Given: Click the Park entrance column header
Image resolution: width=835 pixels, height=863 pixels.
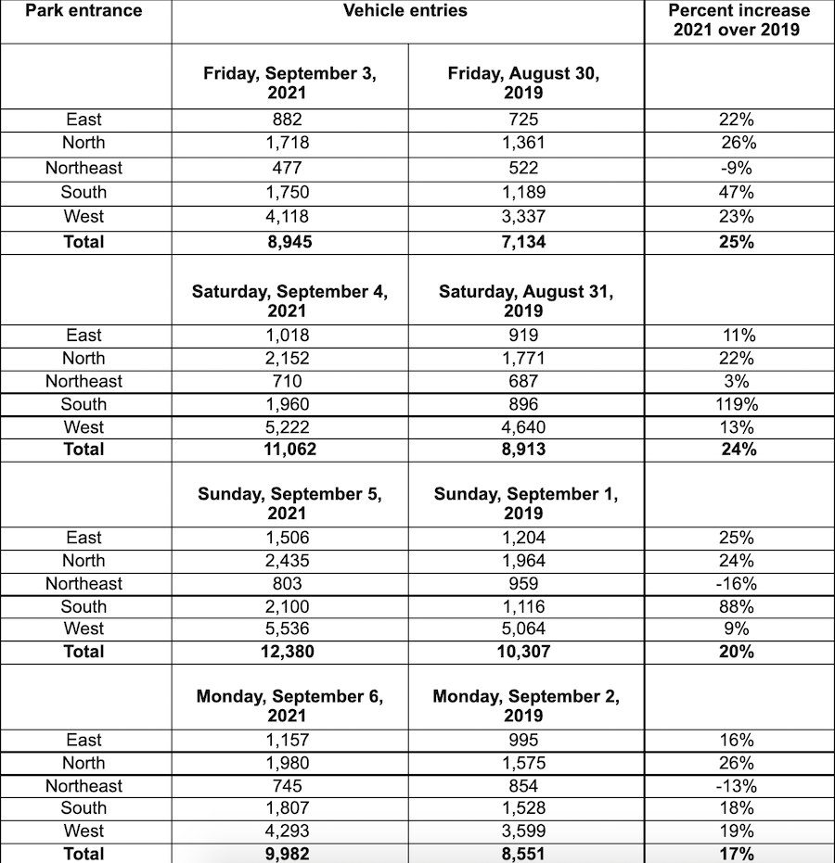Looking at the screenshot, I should pos(84,11).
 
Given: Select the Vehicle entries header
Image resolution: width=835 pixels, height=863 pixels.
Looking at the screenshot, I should pos(405,11).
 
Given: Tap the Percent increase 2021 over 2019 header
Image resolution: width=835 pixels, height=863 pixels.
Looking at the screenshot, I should pos(739,19).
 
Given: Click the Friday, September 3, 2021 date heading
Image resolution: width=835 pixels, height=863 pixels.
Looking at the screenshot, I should pos(289,82).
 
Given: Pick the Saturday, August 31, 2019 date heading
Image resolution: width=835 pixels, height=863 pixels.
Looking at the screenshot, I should pos(525,300).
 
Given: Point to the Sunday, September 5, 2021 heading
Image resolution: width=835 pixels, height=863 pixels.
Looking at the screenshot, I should pos(289,503).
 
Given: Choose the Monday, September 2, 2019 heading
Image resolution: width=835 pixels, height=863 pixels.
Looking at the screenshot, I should pos(525,705).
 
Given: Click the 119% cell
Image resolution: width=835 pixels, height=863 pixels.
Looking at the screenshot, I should pos(738,404).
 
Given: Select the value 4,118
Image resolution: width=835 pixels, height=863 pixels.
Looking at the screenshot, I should pos(289,217).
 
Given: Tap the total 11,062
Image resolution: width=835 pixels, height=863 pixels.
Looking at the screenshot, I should pos(289,450).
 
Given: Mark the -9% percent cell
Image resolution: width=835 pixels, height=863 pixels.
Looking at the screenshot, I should pos(738,168).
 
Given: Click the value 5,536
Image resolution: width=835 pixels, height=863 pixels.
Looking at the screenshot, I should pos(289,628).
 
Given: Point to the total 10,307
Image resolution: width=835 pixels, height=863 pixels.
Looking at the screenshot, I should pos(524,652).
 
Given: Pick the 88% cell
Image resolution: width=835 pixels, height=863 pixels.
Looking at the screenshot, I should pos(738,607).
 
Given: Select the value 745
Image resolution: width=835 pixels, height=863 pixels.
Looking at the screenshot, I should pos(289,786).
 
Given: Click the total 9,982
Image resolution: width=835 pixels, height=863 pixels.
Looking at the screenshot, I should pos(289,854).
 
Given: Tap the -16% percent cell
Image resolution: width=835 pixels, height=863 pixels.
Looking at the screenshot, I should pos(738,584).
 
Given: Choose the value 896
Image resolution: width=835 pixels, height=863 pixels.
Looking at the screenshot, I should pos(524,404).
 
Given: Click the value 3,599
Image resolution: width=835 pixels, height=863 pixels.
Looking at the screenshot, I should pos(524,831).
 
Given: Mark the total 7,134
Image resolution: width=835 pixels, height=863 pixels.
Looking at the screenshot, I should pos(524,242).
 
